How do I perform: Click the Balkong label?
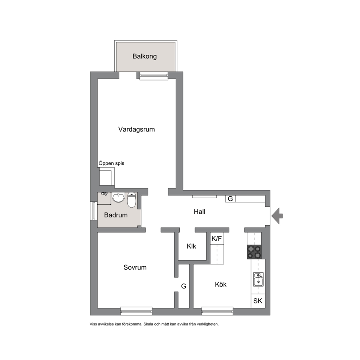145,57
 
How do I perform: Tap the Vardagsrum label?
136,130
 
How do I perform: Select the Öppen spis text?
111,163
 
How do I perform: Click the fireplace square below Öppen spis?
107,176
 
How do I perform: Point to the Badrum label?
116,215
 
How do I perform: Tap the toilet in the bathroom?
132,200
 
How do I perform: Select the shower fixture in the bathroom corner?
104,194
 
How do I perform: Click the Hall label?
200,212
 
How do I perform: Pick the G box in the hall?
230,199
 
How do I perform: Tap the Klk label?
191,246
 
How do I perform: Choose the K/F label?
217,239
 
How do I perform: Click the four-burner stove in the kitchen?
254,252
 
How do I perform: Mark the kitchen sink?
258,279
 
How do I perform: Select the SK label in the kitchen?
258,301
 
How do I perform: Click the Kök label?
221,285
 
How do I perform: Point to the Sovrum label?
135,267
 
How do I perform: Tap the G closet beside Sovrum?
184,286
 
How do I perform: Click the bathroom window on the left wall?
93,211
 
